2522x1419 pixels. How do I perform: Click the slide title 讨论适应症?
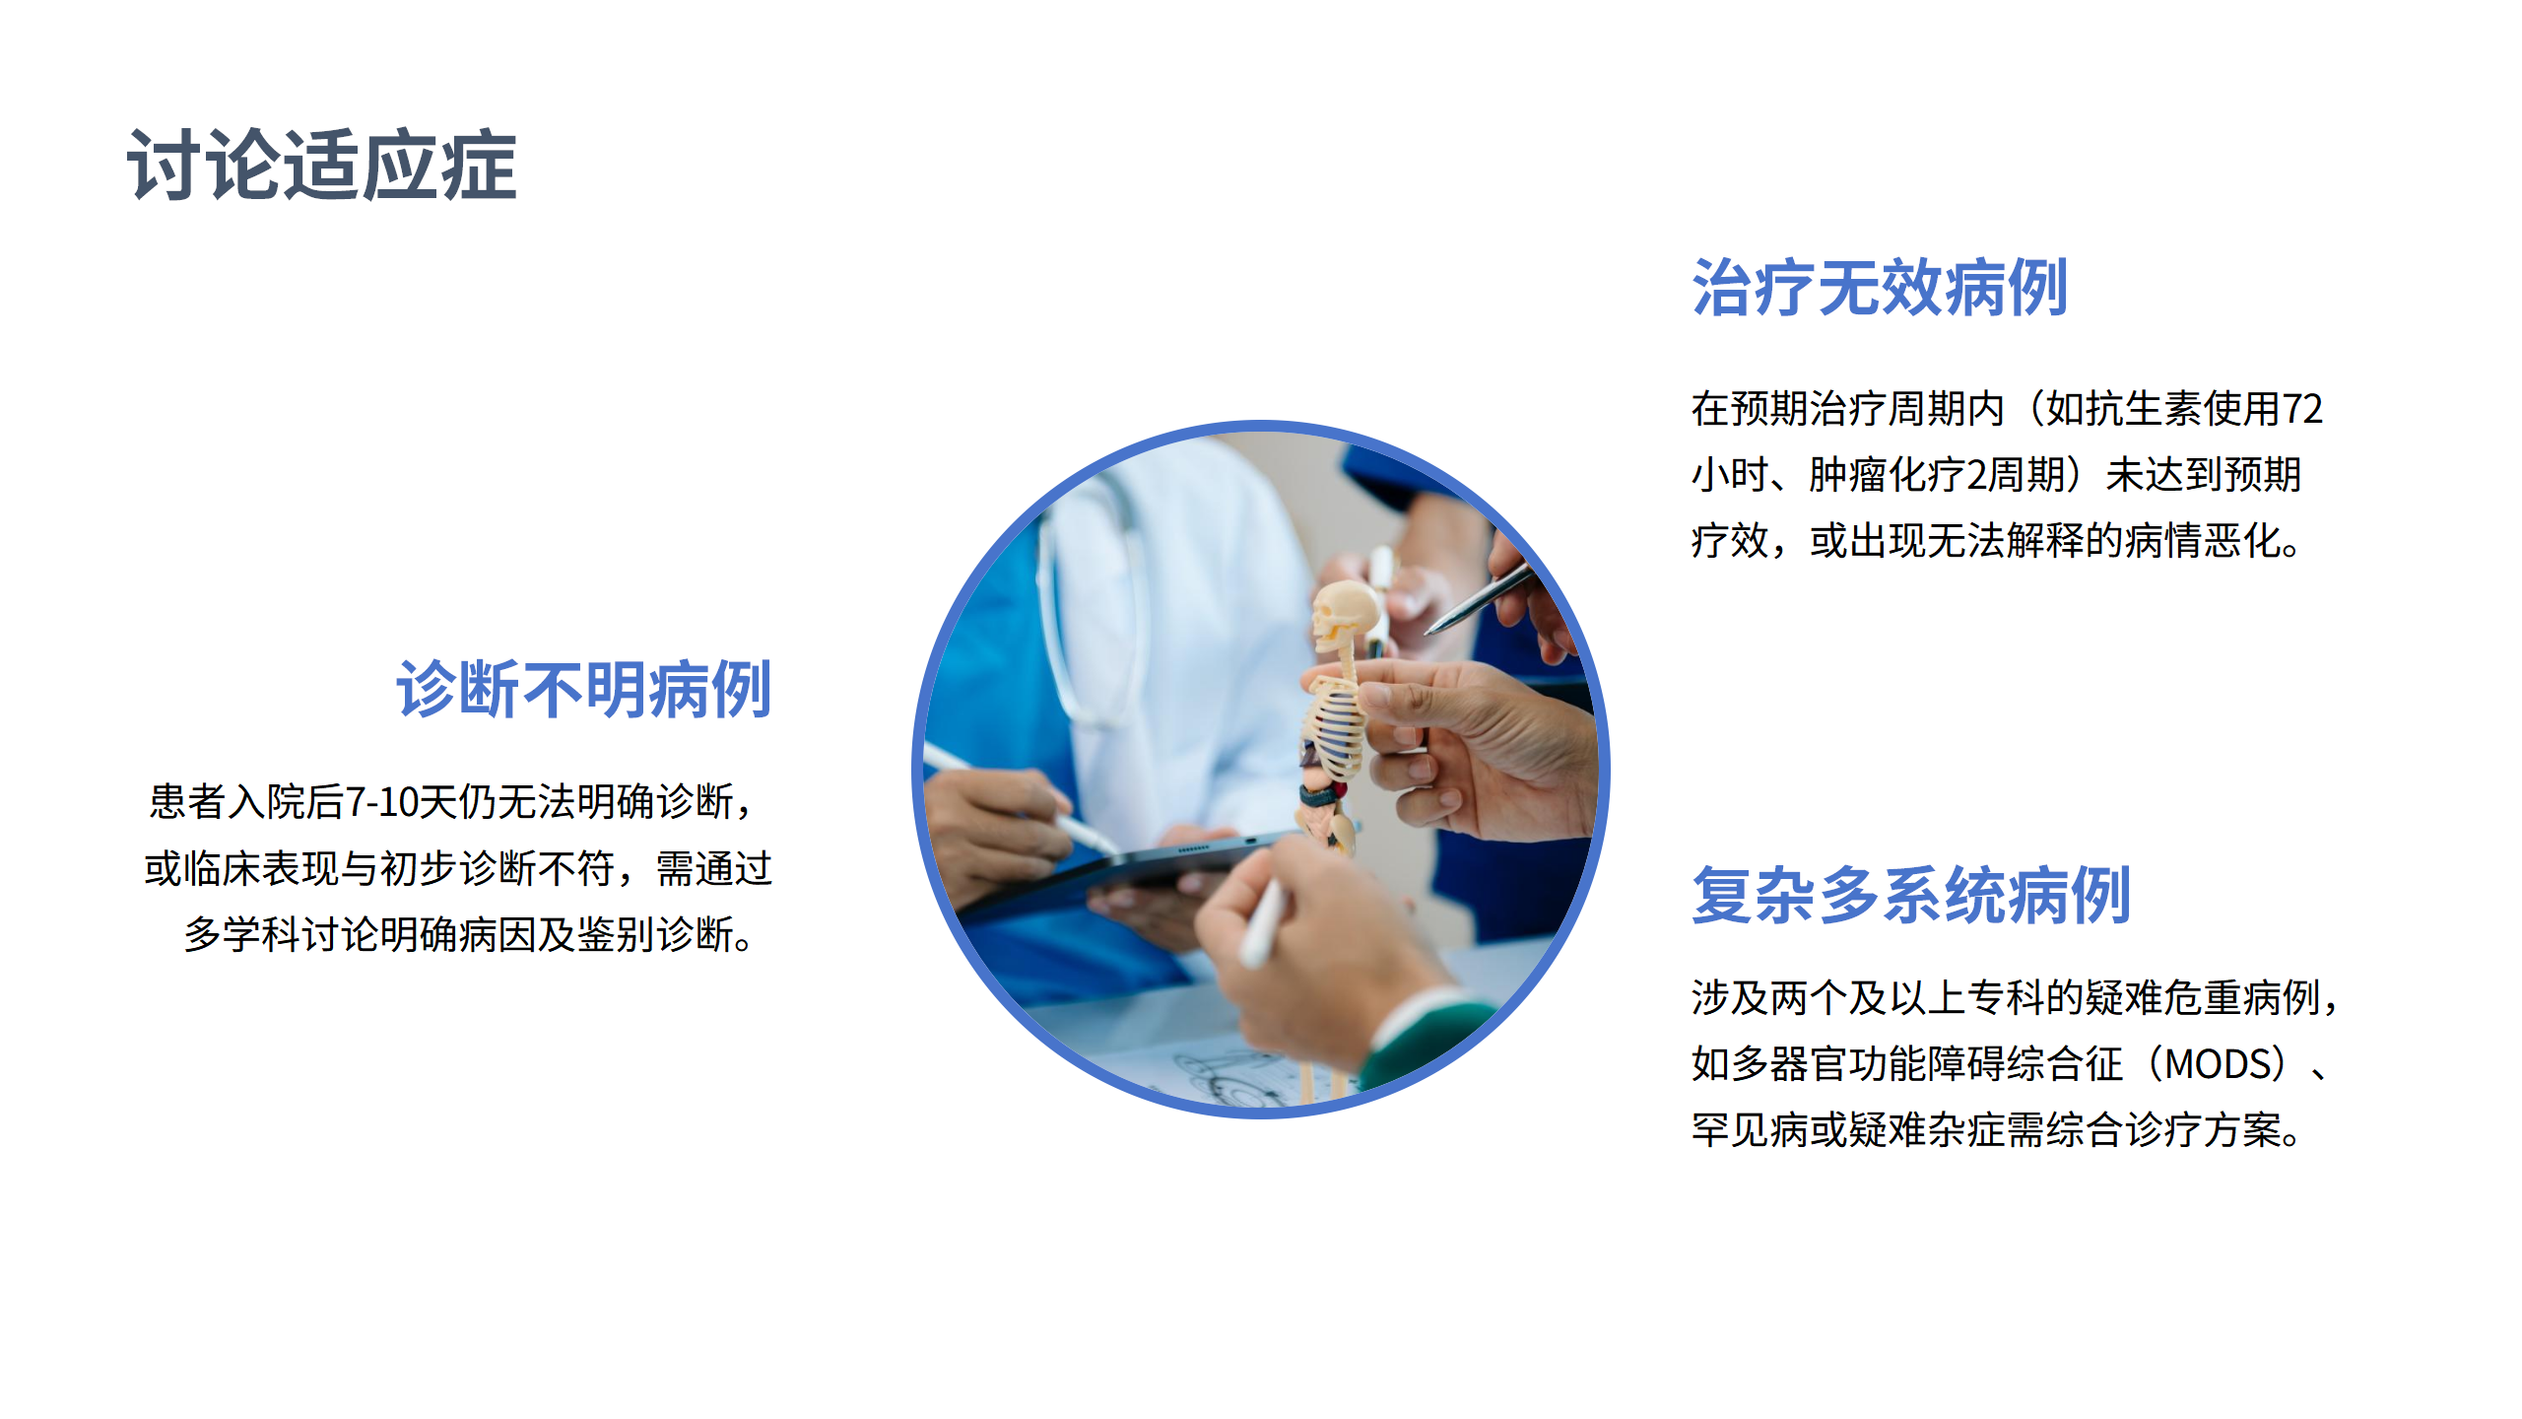pyautogui.click(x=321, y=166)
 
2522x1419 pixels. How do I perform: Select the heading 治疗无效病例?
pyautogui.click(x=1879, y=289)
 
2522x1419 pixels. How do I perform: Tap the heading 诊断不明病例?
pyautogui.click(x=583, y=690)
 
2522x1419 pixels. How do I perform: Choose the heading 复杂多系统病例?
pyautogui.click(x=1910, y=896)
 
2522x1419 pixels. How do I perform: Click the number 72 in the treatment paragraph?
pyautogui.click(x=2302, y=409)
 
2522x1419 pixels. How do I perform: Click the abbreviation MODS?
pyautogui.click(x=2217, y=1064)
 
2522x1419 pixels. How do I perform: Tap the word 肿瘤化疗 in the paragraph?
pyautogui.click(x=1887, y=475)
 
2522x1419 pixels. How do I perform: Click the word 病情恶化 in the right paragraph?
pyautogui.click(x=2202, y=541)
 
